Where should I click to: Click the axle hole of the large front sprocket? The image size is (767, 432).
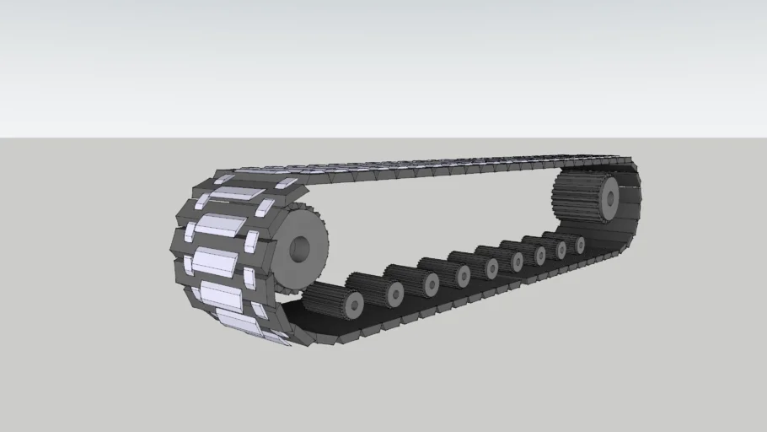coord(300,249)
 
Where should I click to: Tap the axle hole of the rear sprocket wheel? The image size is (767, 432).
coord(609,199)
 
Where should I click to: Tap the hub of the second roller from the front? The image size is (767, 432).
coord(394,293)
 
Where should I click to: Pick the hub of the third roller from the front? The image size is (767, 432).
coord(432,283)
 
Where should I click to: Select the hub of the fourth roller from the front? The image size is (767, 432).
coord(463,275)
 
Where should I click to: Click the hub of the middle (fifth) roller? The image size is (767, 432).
coord(491,267)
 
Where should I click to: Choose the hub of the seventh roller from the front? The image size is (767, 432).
coord(540,254)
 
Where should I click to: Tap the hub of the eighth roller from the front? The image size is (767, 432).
coord(561,249)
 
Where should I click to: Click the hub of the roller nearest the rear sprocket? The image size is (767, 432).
coord(580,244)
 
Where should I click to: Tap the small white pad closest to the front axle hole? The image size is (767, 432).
coord(250,244)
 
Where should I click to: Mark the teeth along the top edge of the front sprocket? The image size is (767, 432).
coord(296,203)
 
